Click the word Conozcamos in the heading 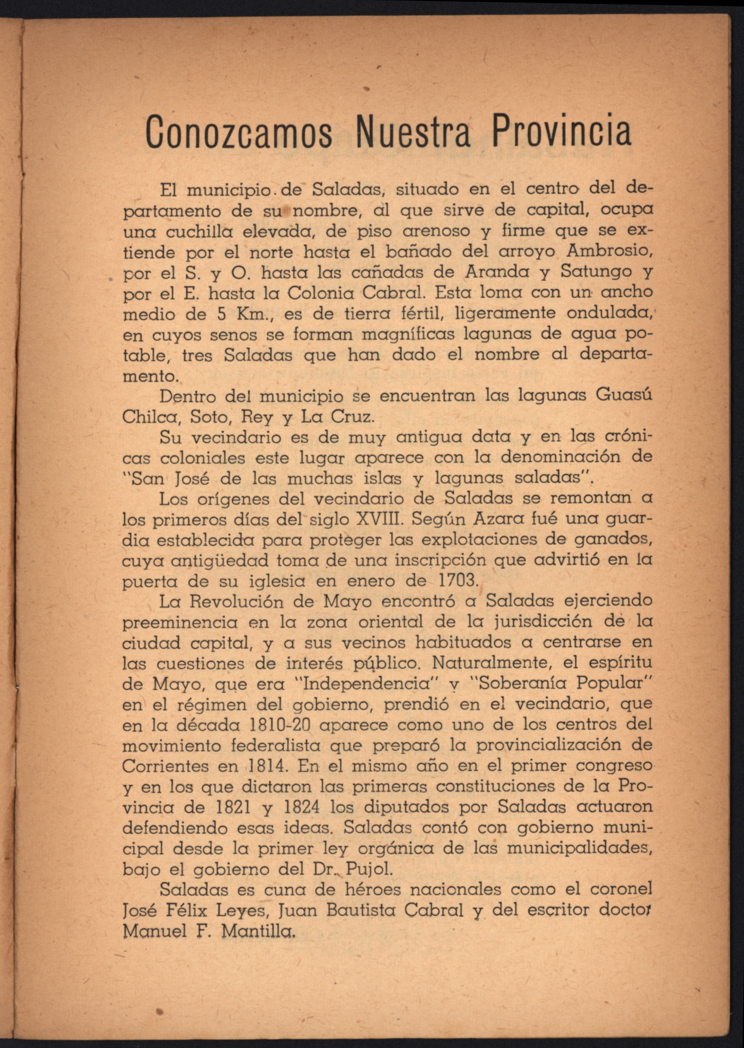[239, 133]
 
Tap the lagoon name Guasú [624, 395]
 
